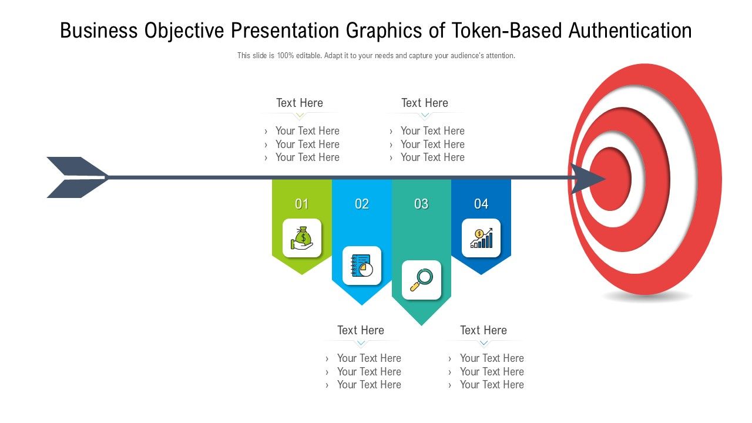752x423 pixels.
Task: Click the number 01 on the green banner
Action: tap(301, 204)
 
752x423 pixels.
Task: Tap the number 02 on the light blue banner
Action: tap(362, 204)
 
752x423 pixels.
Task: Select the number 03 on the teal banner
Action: tap(421, 204)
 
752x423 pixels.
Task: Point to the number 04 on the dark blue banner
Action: tap(481, 204)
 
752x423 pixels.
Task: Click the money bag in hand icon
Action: tap(302, 238)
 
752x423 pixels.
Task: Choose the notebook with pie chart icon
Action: tap(362, 266)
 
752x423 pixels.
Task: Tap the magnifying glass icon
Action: tap(421, 280)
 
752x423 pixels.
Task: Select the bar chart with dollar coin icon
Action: tap(481, 238)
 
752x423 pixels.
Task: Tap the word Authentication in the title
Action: tap(630, 31)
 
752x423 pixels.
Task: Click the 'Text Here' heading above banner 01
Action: tap(300, 103)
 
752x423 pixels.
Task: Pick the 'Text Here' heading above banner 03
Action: tap(425, 103)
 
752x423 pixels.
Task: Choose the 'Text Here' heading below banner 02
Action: tap(361, 330)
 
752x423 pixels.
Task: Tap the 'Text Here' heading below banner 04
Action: tap(484, 330)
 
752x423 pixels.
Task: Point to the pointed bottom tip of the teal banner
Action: tap(421, 324)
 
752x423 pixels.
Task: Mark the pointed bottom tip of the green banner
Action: tap(301, 273)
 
